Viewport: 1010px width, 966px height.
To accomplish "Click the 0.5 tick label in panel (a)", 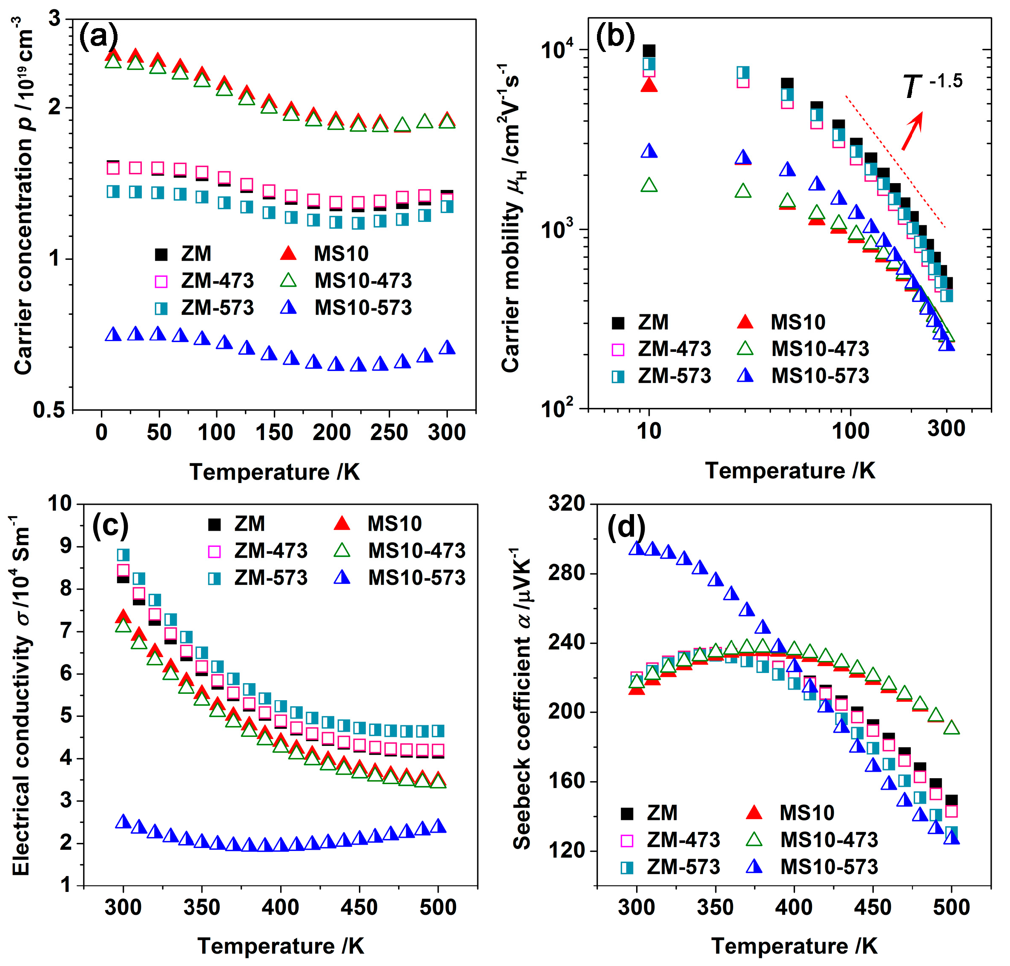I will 49,409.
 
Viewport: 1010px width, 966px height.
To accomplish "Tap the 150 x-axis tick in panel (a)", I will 274,433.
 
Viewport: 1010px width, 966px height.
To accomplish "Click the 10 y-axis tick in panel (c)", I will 60,503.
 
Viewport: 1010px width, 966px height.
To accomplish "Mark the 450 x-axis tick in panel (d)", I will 872,907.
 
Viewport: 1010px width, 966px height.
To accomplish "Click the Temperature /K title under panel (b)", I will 790,471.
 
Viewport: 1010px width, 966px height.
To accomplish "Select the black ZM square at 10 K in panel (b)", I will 649,51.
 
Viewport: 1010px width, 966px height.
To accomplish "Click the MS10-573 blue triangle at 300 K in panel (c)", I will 123,821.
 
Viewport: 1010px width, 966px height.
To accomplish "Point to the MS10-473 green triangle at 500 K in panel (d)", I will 952,727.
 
